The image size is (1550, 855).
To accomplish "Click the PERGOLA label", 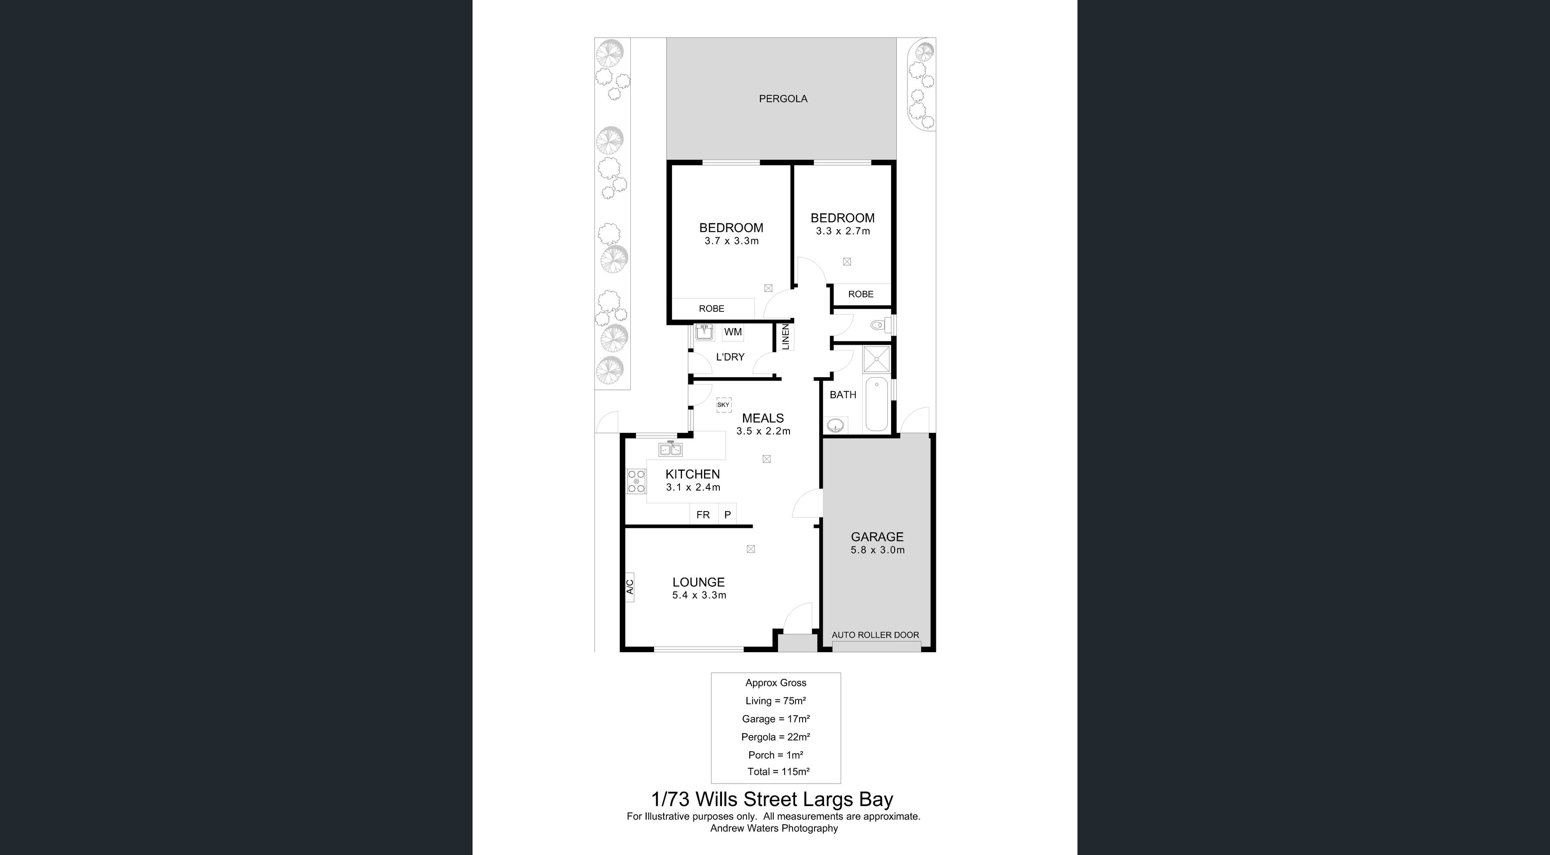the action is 783,99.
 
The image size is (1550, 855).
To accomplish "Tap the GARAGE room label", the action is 877,537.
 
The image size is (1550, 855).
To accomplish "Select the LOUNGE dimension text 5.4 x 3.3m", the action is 699,595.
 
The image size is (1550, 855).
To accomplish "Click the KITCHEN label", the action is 693,474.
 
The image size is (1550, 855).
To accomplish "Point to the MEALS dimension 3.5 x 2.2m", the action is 763,431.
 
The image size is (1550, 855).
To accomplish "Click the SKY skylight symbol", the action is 723,405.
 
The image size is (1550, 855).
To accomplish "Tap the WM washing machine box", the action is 733,332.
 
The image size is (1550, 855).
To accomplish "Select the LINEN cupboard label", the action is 785,337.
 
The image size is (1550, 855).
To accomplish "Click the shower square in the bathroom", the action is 877,359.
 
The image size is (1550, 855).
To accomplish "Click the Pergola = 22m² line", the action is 775,737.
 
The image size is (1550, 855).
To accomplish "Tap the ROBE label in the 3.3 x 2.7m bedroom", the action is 860,294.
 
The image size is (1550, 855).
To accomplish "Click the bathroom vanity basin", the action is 835,426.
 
